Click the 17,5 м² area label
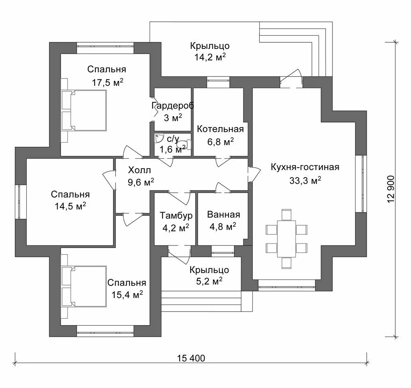point(108,82)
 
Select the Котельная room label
point(220,129)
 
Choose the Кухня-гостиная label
point(305,167)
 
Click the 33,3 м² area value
point(305,180)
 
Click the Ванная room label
point(223,215)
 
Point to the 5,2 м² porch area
point(209,282)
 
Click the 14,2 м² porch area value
point(210,58)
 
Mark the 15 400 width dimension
point(191,358)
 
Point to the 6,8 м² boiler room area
point(220,141)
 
